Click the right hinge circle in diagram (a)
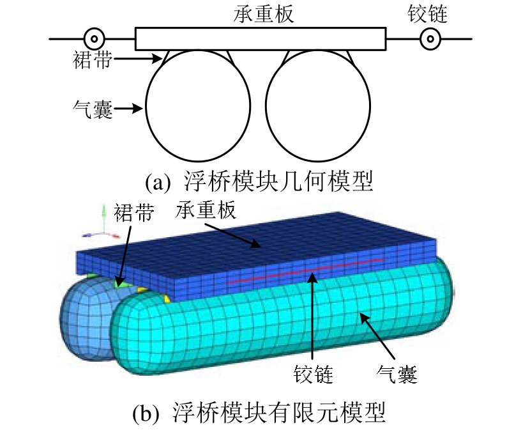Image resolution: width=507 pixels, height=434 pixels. click(430, 39)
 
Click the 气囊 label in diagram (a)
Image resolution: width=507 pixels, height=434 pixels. click(93, 110)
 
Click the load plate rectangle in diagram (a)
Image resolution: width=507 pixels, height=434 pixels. click(261, 39)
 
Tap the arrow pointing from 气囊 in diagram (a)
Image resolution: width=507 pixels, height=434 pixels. click(131, 110)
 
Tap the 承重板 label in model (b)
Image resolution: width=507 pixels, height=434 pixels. click(206, 213)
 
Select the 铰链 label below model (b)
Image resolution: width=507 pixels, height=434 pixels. click(313, 373)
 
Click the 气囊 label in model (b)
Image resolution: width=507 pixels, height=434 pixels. click(397, 373)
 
